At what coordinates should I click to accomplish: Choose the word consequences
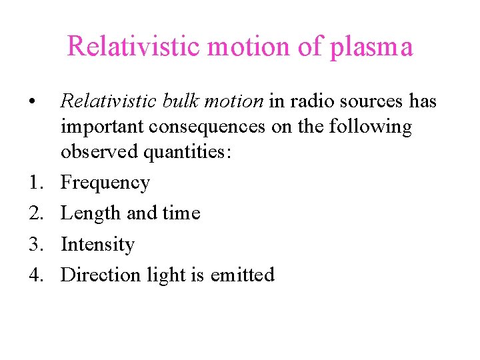point(205,127)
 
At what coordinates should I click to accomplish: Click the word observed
point(97,152)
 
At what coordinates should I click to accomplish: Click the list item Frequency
point(105,183)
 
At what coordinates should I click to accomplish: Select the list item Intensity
point(97,245)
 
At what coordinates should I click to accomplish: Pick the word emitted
point(243,275)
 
